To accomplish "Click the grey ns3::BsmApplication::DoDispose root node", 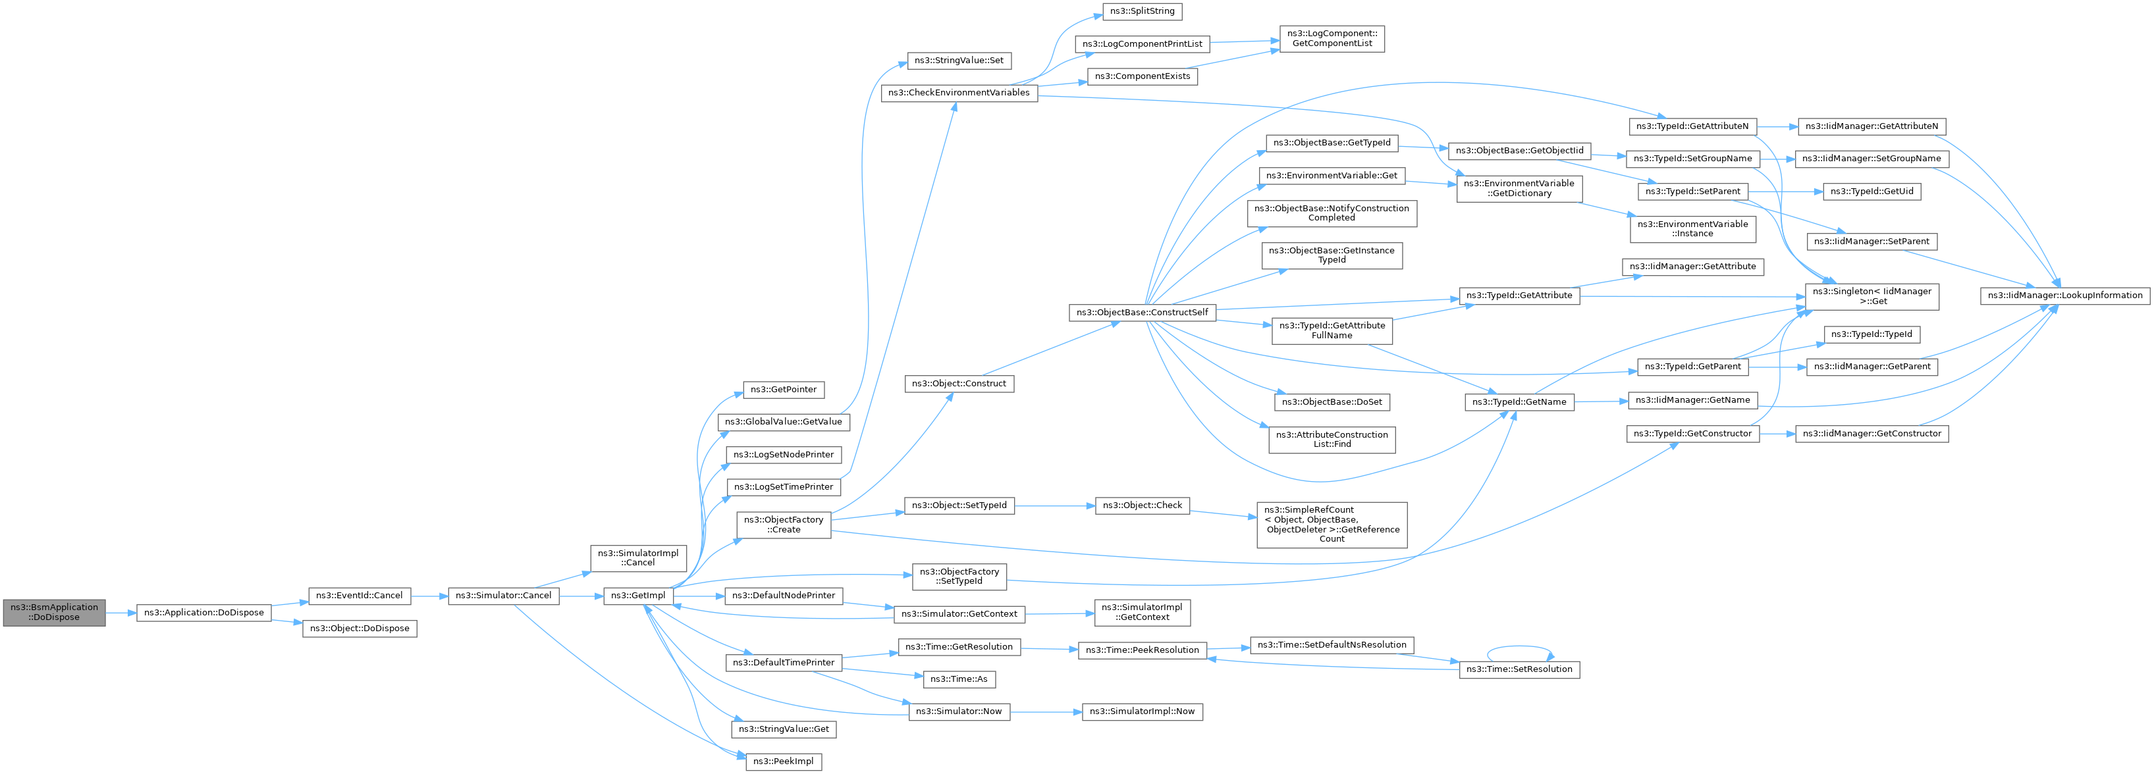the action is coord(55,613).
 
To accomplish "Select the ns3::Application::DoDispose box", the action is coord(204,613).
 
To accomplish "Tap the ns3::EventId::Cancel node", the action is coord(360,596).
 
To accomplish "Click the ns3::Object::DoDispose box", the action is coord(360,629).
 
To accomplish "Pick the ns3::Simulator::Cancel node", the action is coord(503,596).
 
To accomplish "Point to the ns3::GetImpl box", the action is coord(638,596).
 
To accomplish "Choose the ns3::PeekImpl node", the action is coord(784,761).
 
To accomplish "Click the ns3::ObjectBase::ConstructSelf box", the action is coord(1143,313).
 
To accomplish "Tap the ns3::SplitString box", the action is coord(1143,12).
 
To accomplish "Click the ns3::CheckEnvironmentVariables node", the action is coord(959,93).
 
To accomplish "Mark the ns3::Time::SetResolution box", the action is coord(1519,669).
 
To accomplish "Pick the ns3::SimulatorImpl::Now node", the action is coord(1143,711).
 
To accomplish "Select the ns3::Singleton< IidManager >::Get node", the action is coord(1872,297).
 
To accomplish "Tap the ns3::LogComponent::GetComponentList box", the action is coord(1332,38).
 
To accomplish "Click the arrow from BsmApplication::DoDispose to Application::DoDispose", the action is coord(121,613).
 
